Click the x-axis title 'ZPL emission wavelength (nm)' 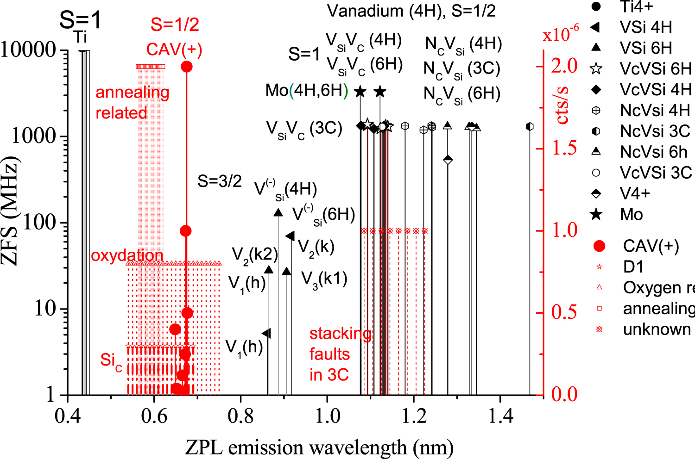click(319, 447)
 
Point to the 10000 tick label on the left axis click(29, 50)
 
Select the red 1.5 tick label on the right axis click(564, 148)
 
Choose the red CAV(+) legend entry click(650, 246)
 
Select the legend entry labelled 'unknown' click(657, 329)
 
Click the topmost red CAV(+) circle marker click(187, 67)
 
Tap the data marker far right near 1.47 click(530, 127)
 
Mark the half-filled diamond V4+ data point click(448, 160)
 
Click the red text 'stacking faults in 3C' click(340, 354)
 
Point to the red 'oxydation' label click(127, 255)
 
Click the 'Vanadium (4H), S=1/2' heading click(411, 11)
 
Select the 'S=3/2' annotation click(219, 181)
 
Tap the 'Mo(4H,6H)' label click(306, 91)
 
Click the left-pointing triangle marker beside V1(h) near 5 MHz click(266, 333)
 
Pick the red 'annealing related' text click(132, 103)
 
